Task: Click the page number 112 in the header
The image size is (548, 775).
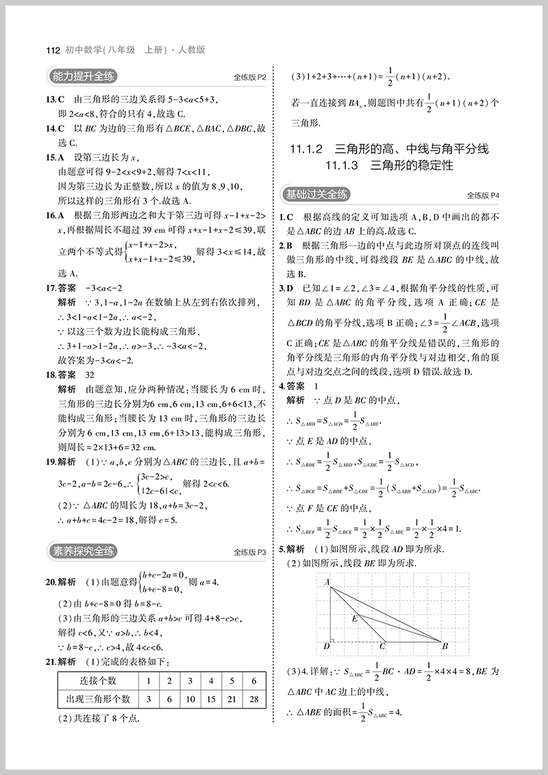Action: point(52,50)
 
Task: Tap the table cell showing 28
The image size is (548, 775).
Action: point(254,699)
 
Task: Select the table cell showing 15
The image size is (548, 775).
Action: point(211,699)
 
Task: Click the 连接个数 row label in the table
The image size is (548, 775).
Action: point(97,681)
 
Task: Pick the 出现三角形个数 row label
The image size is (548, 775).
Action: point(97,699)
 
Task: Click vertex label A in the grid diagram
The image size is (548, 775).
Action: point(327,583)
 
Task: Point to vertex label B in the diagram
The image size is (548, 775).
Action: point(445,646)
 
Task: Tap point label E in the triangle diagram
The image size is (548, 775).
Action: point(354,618)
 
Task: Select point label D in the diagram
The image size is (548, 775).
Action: point(327,646)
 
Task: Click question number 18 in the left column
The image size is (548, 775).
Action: point(50,374)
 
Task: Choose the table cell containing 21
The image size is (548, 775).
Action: point(233,699)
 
